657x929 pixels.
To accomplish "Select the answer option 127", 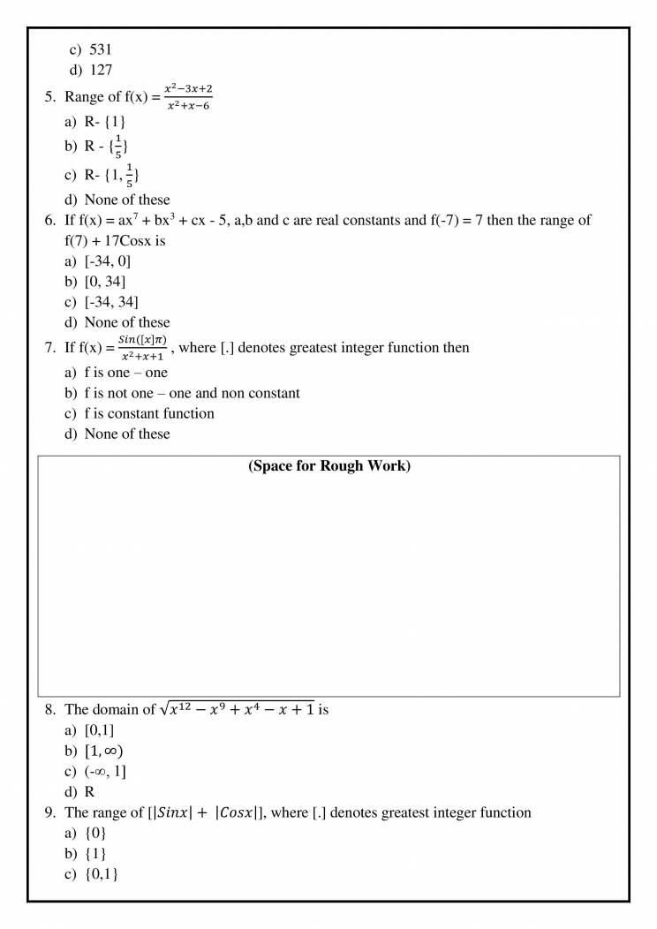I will point(102,72).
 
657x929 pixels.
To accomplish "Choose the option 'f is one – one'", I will point(126,374).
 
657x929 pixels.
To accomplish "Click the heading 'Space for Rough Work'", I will point(329,466).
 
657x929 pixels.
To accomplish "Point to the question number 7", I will point(51,348).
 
